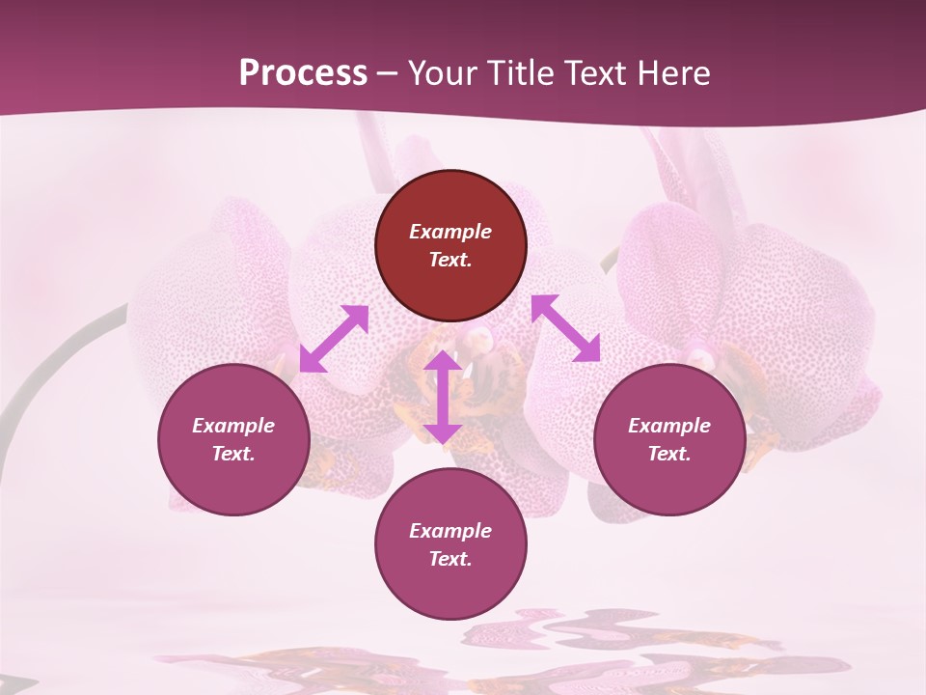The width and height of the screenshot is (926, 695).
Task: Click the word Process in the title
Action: (303, 73)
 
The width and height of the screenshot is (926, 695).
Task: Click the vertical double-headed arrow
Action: (443, 397)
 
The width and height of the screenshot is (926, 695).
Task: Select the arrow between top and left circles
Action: (334, 339)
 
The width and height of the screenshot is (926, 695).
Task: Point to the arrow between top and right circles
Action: (566, 328)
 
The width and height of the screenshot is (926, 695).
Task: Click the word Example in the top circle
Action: (450, 232)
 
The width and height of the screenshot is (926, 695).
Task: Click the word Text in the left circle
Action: (233, 454)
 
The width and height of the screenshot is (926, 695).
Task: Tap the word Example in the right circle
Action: (669, 426)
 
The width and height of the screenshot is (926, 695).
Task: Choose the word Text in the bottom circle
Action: (450, 559)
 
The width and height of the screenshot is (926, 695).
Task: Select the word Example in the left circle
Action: (233, 426)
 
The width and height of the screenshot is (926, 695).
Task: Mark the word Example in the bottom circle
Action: (450, 531)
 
